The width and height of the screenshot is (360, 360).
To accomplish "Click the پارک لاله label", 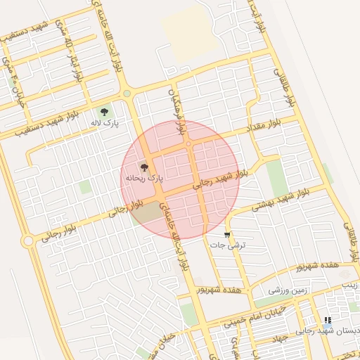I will pyautogui.click(x=103, y=123).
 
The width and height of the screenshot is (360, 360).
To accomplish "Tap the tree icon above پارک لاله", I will pyautogui.click(x=105, y=112).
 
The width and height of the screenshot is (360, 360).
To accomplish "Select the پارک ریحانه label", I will pyautogui.click(x=143, y=179).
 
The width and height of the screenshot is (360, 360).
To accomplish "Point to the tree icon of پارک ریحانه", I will pyautogui.click(x=145, y=167).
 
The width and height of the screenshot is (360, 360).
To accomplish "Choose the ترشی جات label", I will pyautogui.click(x=226, y=245).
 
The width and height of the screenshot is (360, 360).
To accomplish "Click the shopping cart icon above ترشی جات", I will pyautogui.click(x=227, y=234).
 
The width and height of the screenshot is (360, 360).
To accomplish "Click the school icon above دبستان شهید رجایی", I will pyautogui.click(x=328, y=320).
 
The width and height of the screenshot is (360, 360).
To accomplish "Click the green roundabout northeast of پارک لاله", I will pyautogui.click(x=127, y=94).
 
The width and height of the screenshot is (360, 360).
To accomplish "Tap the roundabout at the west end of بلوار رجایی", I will pyautogui.click(x=28, y=241).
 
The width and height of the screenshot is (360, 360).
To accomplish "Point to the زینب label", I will pyautogui.click(x=350, y=285).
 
